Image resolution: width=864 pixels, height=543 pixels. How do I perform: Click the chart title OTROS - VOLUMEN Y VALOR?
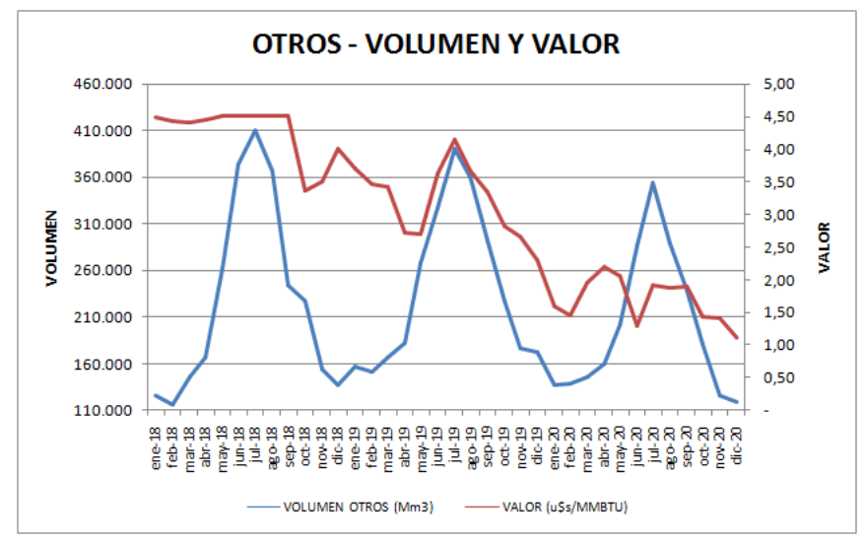pyautogui.click(x=435, y=44)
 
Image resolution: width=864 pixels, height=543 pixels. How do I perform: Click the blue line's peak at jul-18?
pyautogui.click(x=255, y=130)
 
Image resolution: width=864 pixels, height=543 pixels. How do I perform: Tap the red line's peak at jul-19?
pyautogui.click(x=455, y=139)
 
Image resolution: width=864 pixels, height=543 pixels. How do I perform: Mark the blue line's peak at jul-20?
pyautogui.click(x=653, y=182)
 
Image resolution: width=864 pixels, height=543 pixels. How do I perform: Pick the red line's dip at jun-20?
pyautogui.click(x=637, y=325)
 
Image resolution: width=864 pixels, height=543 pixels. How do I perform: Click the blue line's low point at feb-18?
pyautogui.click(x=172, y=404)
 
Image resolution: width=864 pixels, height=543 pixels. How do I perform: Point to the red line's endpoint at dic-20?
pyautogui.click(x=736, y=338)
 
